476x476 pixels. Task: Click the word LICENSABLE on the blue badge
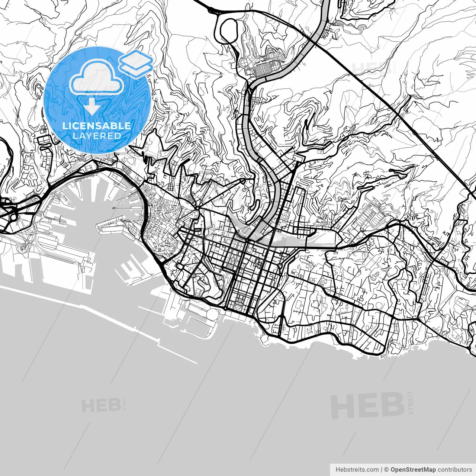tap(97, 126)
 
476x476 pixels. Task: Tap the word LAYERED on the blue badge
tap(97, 136)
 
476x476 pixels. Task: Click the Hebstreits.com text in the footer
tap(357, 470)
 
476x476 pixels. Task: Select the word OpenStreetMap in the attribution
tap(413, 470)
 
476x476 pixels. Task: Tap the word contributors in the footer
tap(454, 470)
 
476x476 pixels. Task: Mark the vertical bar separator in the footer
tap(382, 470)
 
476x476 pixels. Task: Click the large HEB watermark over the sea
tap(367, 405)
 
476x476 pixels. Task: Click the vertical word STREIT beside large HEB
tap(411, 402)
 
